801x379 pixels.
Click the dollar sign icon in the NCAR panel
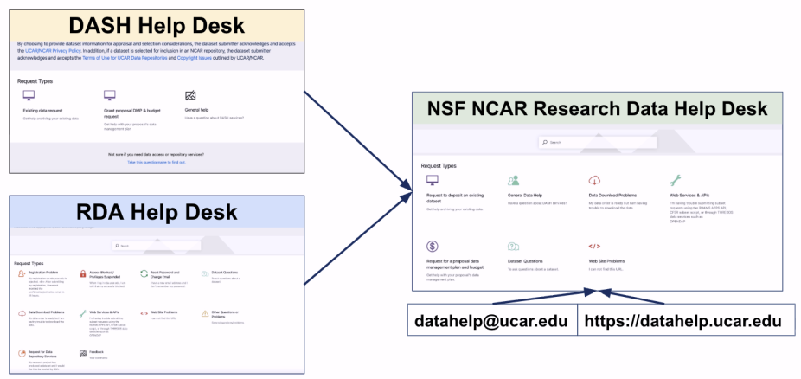433,247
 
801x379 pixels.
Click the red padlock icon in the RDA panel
83,273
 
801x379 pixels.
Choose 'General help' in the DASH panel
197,111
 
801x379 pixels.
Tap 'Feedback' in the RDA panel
93,351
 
